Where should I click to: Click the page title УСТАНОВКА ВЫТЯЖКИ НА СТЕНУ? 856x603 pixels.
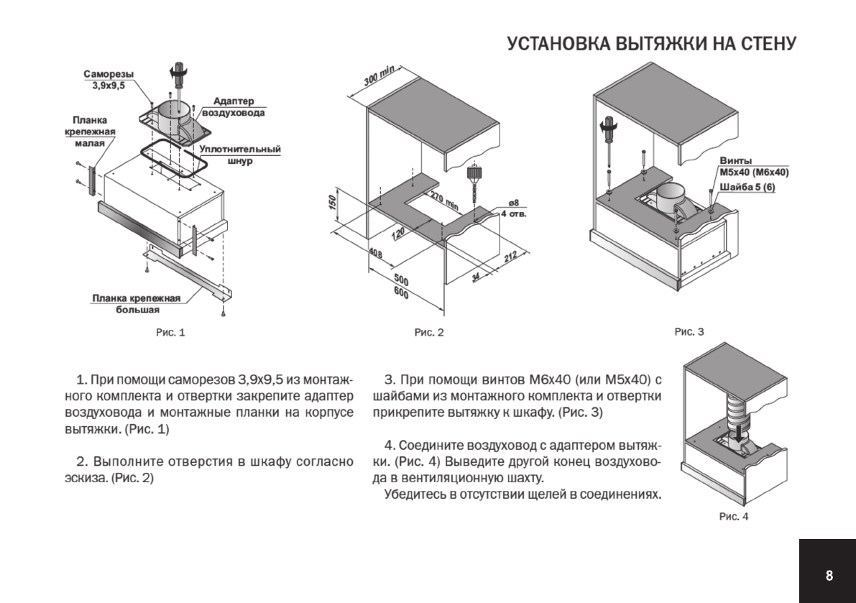click(x=651, y=44)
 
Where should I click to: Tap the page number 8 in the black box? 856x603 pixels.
click(x=829, y=575)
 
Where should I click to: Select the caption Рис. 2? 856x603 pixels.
click(x=429, y=332)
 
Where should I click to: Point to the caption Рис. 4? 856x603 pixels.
click(x=734, y=516)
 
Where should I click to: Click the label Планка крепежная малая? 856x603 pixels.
click(x=90, y=132)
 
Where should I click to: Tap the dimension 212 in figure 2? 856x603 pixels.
click(x=510, y=257)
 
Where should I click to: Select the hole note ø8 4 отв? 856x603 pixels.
click(x=513, y=209)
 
